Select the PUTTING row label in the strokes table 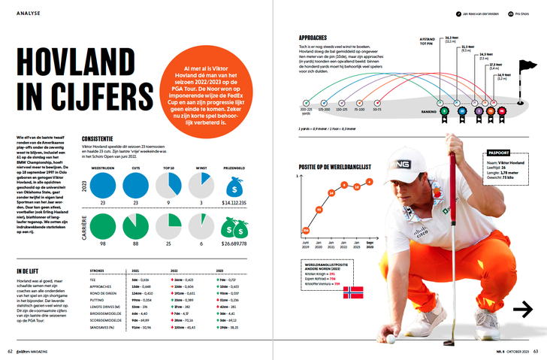(x=98, y=299)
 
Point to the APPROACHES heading (x=313, y=37)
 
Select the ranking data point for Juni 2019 (x=306, y=230)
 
